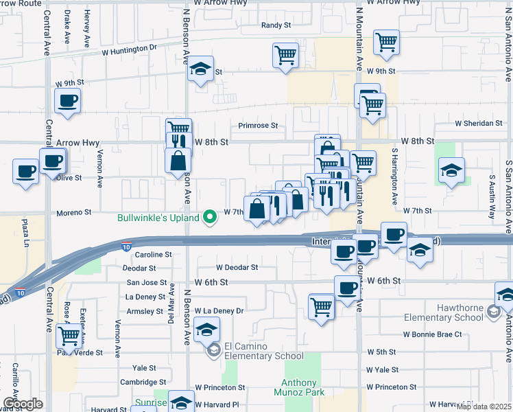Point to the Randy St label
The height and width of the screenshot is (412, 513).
(x=276, y=25)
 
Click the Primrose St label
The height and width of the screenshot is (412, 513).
(x=258, y=126)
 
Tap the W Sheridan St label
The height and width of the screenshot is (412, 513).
(x=479, y=124)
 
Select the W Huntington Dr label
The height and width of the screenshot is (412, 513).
(x=129, y=49)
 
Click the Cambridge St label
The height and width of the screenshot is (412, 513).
(x=145, y=382)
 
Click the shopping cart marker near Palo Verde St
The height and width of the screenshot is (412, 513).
(x=69, y=336)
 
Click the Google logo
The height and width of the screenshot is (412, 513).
(x=23, y=404)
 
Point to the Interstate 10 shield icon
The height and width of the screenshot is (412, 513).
(x=126, y=245)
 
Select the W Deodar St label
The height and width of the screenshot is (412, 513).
(x=237, y=268)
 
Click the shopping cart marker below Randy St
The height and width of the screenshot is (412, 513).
(x=285, y=55)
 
